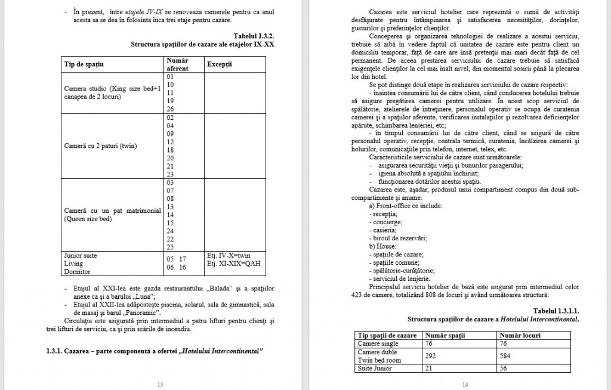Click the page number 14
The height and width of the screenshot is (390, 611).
click(465, 384)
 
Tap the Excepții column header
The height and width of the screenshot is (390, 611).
click(220, 63)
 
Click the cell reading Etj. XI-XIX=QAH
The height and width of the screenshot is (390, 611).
click(233, 263)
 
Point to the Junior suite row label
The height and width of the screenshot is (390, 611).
click(80, 255)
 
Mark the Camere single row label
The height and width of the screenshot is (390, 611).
click(377, 343)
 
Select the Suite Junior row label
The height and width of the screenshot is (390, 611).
click(374, 369)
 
